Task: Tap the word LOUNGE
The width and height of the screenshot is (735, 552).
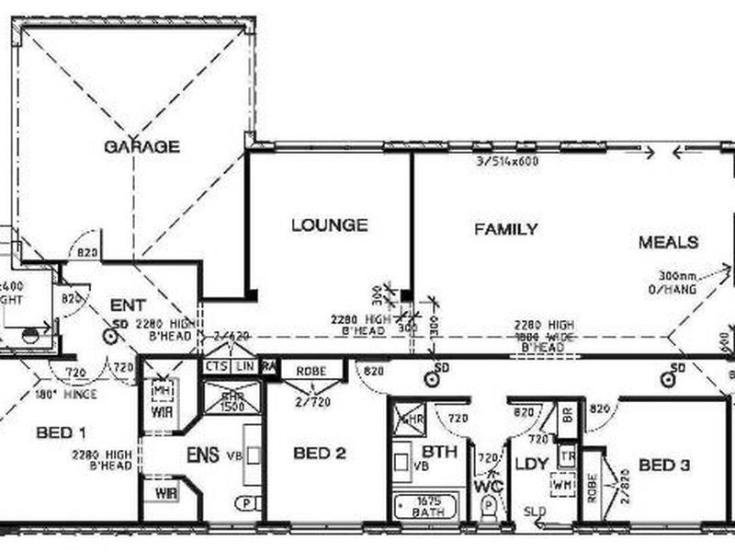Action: point(329,224)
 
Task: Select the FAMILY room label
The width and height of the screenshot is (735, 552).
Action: point(505,229)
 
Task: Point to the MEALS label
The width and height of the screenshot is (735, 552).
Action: point(669,243)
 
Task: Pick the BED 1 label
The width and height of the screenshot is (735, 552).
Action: point(62,432)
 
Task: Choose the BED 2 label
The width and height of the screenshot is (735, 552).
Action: point(320,453)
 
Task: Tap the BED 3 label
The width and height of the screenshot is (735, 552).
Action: point(663,466)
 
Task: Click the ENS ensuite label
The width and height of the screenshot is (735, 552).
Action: point(202,455)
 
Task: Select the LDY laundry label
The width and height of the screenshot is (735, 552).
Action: point(530,465)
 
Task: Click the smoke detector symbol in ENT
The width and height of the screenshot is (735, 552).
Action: point(110,337)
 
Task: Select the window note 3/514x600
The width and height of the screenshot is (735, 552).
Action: point(506,162)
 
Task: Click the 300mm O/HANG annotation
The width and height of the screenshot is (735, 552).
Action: point(677,282)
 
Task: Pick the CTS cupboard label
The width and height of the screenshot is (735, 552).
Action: point(216,367)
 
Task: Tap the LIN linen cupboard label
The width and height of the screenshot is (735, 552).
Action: point(244,367)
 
